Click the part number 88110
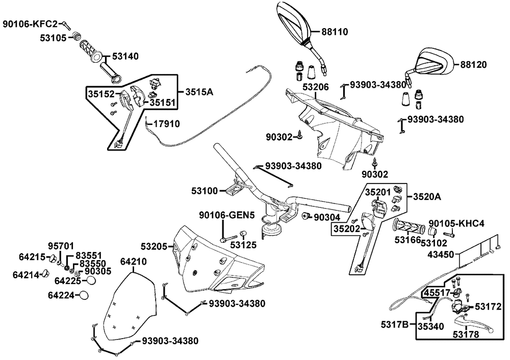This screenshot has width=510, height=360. point(335,32)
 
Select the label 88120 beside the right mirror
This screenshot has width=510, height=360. point(473,65)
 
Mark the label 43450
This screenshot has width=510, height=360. point(440,253)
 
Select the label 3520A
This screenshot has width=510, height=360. point(426,196)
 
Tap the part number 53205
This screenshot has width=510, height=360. point(154,247)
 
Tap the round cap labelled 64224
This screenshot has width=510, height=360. point(84,295)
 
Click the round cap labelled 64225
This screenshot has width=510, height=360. point(91,280)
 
